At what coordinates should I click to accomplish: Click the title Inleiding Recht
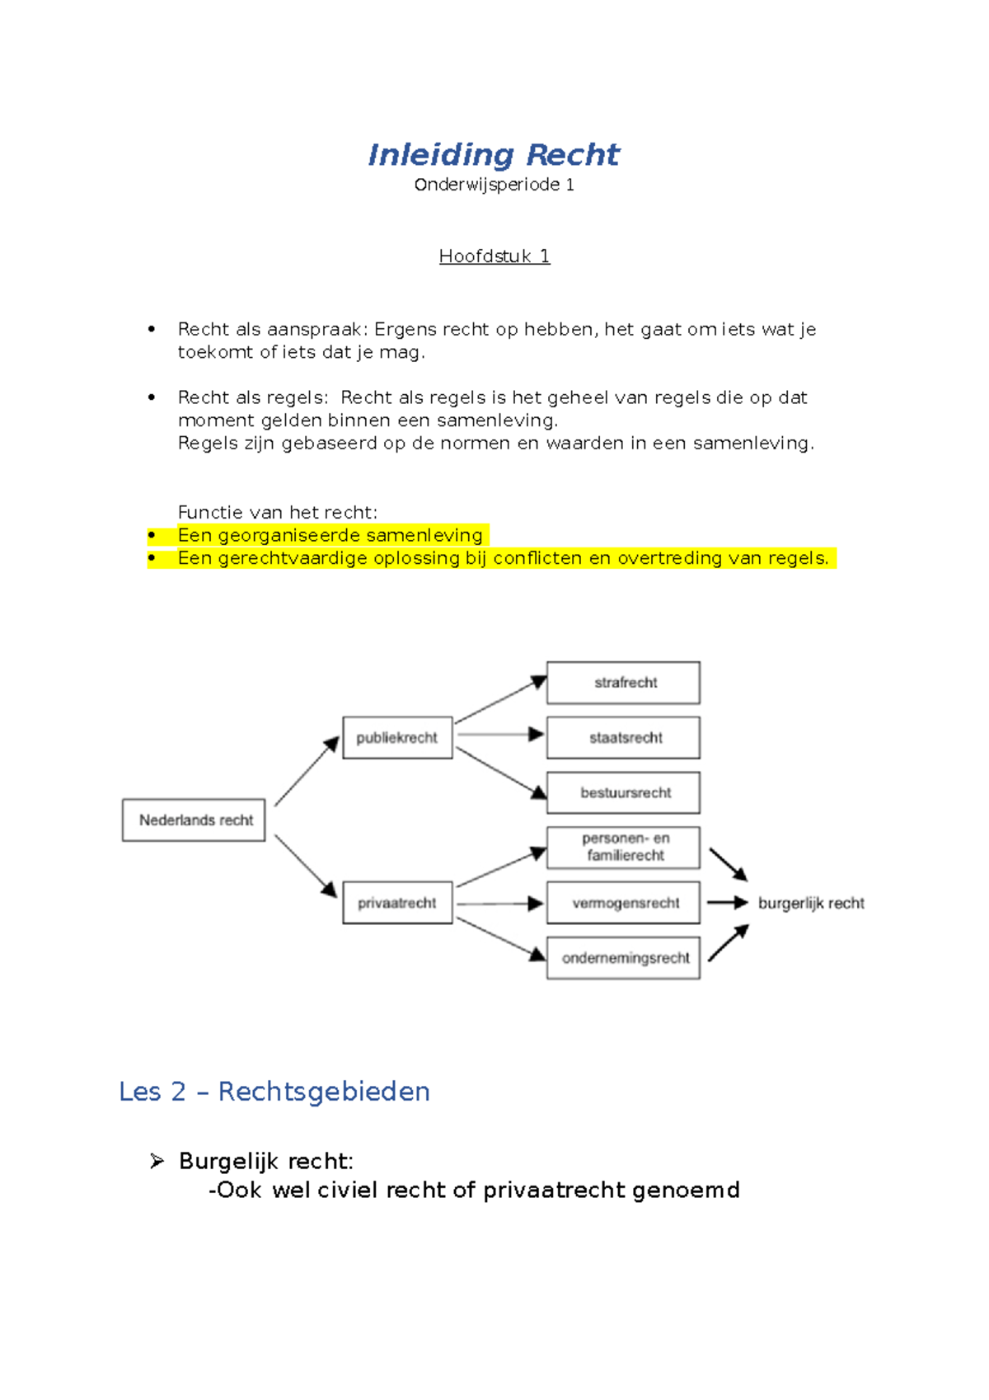point(493,154)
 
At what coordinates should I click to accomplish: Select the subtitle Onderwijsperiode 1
point(494,185)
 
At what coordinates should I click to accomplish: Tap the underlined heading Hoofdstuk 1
point(494,256)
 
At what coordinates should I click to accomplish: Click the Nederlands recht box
point(195,820)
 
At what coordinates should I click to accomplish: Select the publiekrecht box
point(397,737)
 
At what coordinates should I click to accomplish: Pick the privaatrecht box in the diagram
point(397,903)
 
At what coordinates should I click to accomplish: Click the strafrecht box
point(624,683)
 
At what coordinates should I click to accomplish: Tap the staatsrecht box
point(624,737)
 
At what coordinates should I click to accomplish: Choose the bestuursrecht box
point(624,792)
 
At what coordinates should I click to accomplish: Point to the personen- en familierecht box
point(624,848)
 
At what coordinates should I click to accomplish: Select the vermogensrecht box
point(624,903)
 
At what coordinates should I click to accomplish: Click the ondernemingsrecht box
point(624,958)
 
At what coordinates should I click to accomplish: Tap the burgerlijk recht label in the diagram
point(811,904)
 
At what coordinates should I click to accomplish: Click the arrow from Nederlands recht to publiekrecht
point(306,772)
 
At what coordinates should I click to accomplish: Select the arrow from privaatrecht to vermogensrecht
point(499,904)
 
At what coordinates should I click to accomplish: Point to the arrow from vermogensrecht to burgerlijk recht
point(727,903)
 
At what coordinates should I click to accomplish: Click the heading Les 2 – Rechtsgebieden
point(274,1092)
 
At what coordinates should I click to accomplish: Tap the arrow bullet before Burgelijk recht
point(157,1162)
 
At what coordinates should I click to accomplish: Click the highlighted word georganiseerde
point(289,535)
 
